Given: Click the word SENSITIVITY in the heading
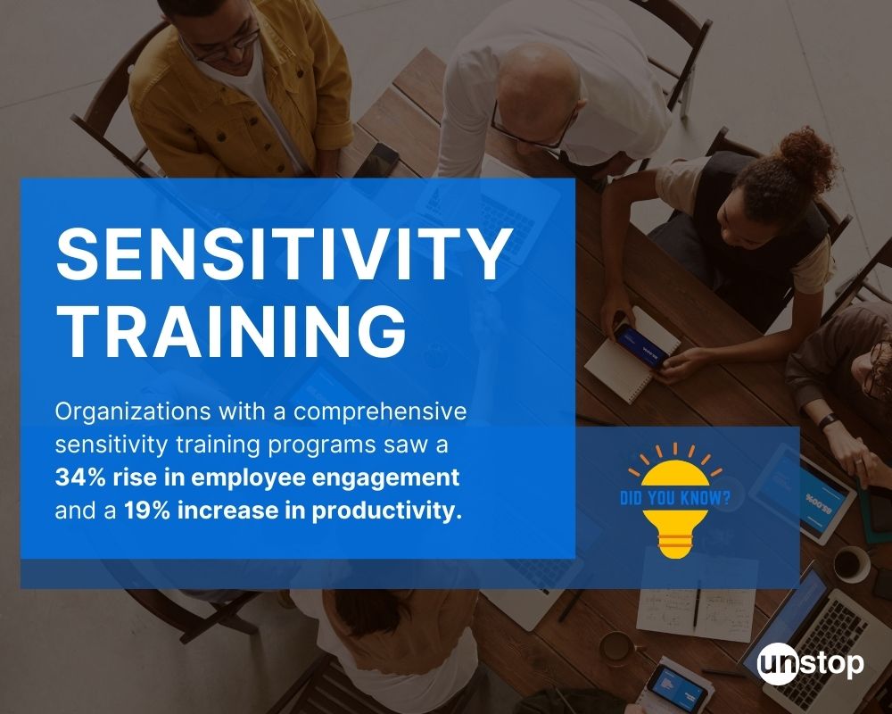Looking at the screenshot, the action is [x=285, y=253].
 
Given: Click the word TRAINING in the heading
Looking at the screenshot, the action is [x=231, y=330].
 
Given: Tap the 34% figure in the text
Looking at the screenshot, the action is [x=80, y=477].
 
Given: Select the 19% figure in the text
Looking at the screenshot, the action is [x=147, y=511].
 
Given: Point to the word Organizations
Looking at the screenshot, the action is [x=133, y=412].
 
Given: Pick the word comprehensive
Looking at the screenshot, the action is [x=380, y=412].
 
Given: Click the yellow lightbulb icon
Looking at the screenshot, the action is [x=674, y=501].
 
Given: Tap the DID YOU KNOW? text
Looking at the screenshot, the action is [x=674, y=498].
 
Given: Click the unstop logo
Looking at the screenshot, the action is [x=811, y=664].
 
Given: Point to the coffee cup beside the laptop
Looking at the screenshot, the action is [x=851, y=564].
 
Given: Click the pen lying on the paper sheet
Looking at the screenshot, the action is [x=697, y=608].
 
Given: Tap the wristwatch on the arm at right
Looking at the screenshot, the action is [x=828, y=422].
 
